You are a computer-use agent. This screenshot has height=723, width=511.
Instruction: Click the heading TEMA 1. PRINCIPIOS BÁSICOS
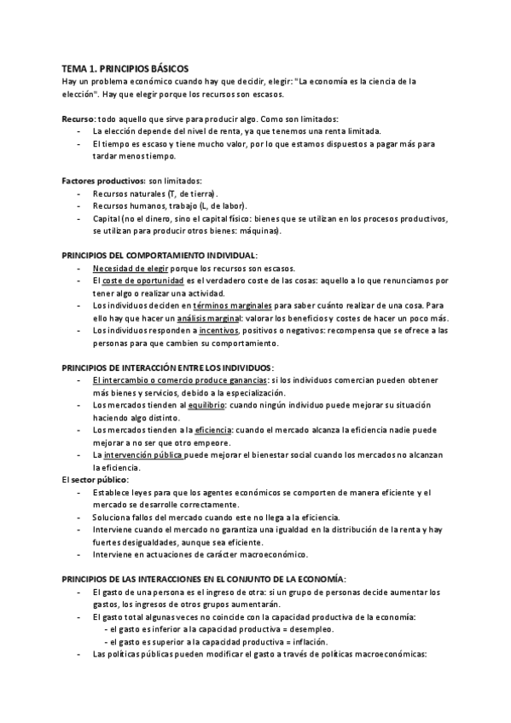coord(125,67)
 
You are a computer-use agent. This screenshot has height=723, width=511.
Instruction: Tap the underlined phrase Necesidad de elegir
coord(128,268)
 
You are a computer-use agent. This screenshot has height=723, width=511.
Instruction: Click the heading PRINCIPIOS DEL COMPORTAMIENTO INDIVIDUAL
coord(159,255)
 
